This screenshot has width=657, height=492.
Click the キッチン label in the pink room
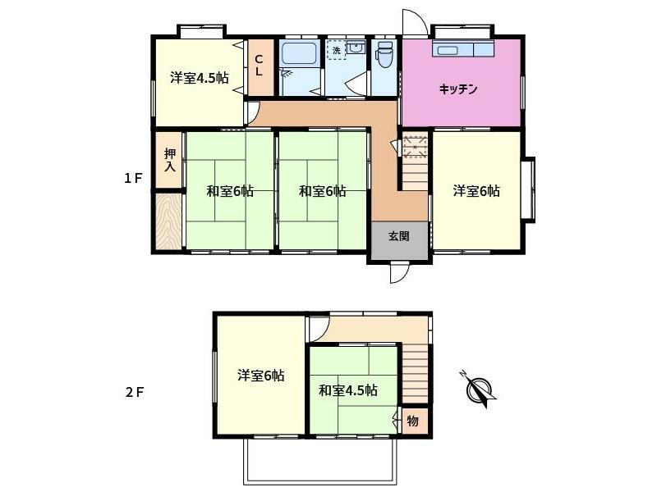pos(458,89)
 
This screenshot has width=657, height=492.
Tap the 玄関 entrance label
pos(398,236)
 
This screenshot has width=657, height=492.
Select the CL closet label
pos(259,65)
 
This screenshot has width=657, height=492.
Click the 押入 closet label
pos(169,159)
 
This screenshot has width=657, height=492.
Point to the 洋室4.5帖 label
pos(199,79)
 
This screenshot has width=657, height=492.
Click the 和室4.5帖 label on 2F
pos(348,389)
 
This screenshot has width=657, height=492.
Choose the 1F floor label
pos(134,178)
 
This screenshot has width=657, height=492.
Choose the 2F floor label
pos(134,391)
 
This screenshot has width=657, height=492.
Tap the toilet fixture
pos(384,57)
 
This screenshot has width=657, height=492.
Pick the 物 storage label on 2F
pos(413,421)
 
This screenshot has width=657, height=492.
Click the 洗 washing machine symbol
pos(335,50)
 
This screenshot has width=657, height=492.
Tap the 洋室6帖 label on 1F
pos(476,191)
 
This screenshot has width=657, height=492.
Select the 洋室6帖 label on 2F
pos(261,376)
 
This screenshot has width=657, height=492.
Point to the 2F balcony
pos(320,462)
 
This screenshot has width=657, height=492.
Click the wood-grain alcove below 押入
pos(168,220)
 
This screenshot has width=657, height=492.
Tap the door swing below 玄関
pos(398,272)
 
